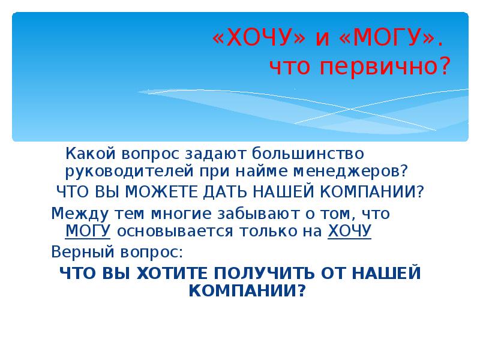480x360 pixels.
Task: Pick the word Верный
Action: (x=75, y=250)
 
